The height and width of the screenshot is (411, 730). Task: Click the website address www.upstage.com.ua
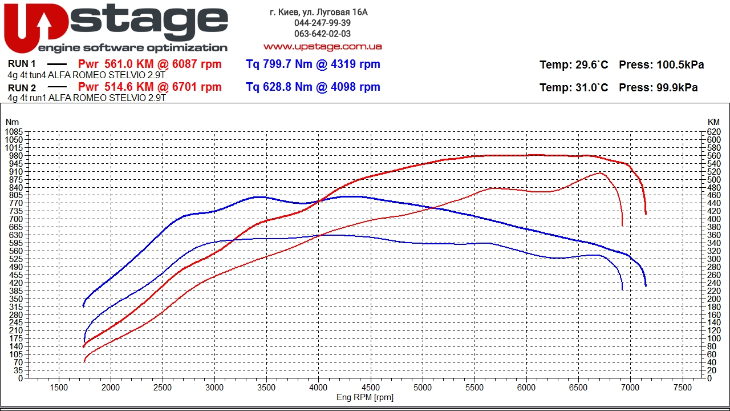point(322,46)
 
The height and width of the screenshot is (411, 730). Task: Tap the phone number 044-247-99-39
point(322,23)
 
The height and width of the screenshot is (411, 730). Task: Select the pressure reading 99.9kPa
point(676,88)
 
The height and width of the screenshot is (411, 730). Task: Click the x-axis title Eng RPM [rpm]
point(365,397)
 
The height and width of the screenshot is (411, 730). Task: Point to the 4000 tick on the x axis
point(318,387)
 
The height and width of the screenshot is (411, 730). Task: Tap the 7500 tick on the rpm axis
point(682,387)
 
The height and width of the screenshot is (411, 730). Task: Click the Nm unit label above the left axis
point(12,122)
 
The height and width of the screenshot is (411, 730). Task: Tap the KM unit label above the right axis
point(713,122)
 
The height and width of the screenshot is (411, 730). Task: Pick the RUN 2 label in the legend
point(22,88)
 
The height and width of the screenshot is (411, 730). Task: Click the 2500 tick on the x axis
point(163,387)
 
